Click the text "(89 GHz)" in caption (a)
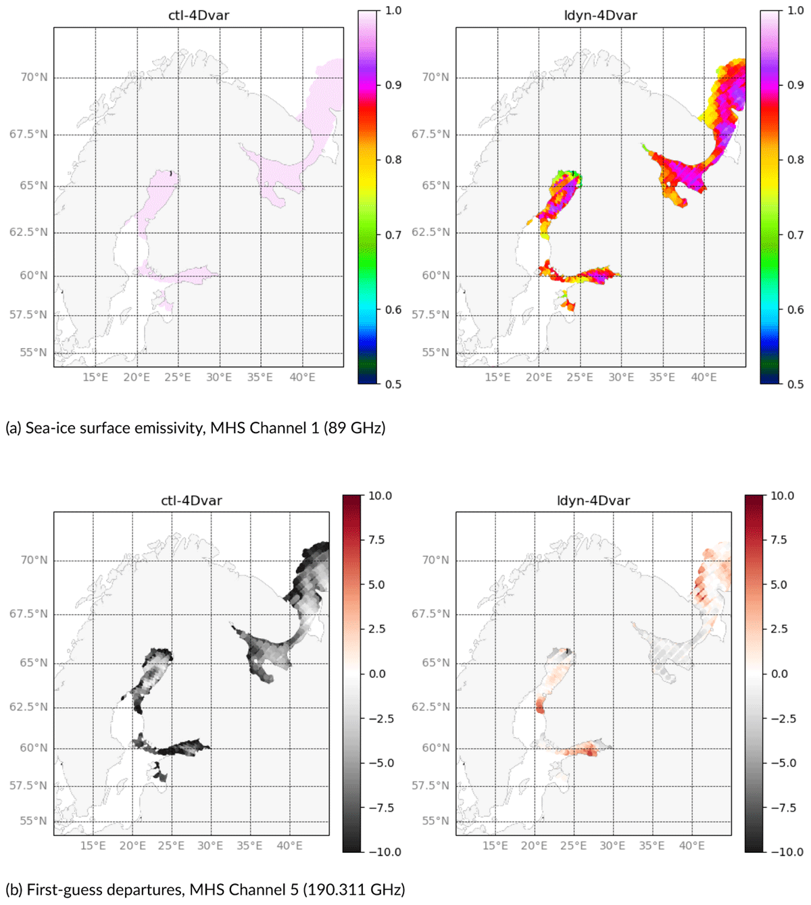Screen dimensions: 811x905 [x=355, y=428]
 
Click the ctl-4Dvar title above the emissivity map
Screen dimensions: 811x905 [x=199, y=16]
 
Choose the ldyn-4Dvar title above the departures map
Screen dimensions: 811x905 [x=593, y=500]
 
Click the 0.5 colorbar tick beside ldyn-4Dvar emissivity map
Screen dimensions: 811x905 [x=795, y=384]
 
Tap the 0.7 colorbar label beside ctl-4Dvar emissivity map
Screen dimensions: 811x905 [x=393, y=235]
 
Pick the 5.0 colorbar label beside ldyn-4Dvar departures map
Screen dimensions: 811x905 [x=779, y=584]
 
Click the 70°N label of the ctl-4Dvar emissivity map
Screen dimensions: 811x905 [x=34, y=77]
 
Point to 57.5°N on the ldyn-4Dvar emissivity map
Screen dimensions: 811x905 [x=431, y=315]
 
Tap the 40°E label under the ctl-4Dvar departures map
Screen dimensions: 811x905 [x=290, y=845]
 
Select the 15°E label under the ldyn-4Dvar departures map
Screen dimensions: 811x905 [x=495, y=845]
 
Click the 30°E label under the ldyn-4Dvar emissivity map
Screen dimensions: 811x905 [x=621, y=377]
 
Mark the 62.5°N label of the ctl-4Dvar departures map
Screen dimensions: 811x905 [x=28, y=707]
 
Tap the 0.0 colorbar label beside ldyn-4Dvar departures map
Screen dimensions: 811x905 [x=780, y=674]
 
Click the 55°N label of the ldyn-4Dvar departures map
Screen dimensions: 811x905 [x=435, y=821]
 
